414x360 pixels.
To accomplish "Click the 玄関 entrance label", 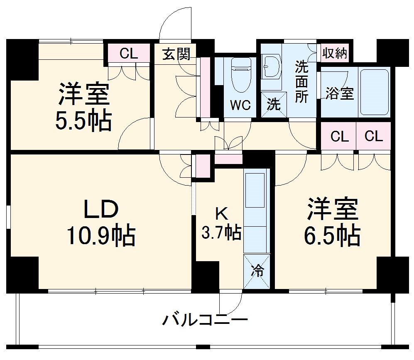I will pyautogui.click(x=176, y=54).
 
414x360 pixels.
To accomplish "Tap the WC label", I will pyautogui.click(x=240, y=105).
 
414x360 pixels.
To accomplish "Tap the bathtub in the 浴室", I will pyautogui.click(x=374, y=92).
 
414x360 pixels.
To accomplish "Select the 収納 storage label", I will pyautogui.click(x=335, y=54).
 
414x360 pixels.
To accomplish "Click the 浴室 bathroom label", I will pyautogui.click(x=339, y=94).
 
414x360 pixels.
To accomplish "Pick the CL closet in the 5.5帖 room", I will pyautogui.click(x=129, y=54).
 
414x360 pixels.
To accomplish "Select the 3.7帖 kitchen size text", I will pyautogui.click(x=221, y=233).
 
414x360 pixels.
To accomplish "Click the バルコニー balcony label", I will pyautogui.click(x=205, y=320).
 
